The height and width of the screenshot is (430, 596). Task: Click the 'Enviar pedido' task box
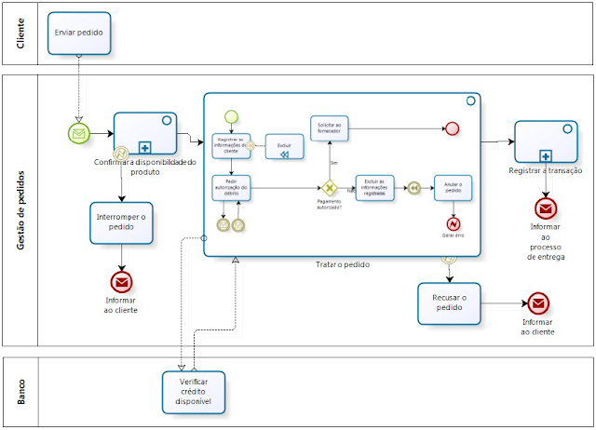coord(79,33)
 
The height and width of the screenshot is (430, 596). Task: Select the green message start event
coord(79,134)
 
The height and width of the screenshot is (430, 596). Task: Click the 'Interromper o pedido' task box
coord(122,222)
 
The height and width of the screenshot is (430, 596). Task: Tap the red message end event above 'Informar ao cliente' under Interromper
coord(122,282)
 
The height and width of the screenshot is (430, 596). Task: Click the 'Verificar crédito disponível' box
coord(194,390)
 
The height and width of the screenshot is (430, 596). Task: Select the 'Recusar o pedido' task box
coord(449,302)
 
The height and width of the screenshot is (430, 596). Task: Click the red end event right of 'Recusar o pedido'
coord(538,302)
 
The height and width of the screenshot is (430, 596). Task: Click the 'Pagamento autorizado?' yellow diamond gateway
coord(329,188)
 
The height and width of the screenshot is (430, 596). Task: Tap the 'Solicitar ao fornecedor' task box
coord(329,129)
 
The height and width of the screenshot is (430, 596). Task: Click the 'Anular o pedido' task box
coord(454,188)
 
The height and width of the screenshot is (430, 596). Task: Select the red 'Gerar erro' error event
coord(454,223)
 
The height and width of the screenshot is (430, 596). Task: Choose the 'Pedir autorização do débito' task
coord(231,188)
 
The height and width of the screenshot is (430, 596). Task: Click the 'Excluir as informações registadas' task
coord(375,188)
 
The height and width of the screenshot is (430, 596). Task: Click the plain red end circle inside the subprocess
coord(453,129)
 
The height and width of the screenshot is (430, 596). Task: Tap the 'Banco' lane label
coord(20,392)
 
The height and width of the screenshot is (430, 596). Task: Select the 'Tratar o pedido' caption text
coord(342,264)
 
